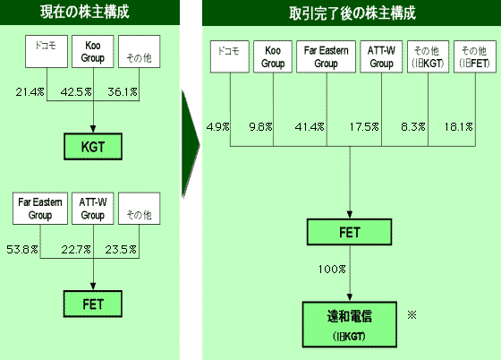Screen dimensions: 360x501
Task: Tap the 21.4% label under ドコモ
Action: click(29, 91)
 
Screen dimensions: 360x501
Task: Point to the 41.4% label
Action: click(309, 126)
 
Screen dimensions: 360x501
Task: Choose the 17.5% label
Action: click(365, 126)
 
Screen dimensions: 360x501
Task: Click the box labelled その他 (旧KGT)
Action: click(428, 57)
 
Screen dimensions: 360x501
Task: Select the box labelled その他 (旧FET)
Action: click(475, 57)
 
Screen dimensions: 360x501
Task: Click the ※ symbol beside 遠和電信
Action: click(412, 315)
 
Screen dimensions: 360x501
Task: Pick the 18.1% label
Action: click(458, 126)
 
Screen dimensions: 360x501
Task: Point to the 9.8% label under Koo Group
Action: click(259, 126)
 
